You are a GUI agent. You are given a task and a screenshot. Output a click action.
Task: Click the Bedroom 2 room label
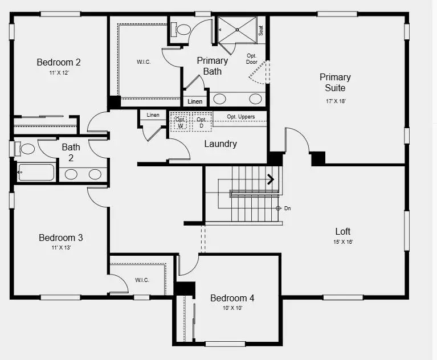point(59,63)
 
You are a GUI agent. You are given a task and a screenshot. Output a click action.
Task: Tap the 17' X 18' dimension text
point(335,101)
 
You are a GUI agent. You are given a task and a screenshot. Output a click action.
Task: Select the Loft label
point(342,231)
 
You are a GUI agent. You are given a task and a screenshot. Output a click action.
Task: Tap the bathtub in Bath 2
point(36,172)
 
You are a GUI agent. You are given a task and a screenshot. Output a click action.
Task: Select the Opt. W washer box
point(181,122)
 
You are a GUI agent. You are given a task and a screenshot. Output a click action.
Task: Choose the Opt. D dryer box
point(201,122)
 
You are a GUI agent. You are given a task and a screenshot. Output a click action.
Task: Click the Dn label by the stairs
point(288,208)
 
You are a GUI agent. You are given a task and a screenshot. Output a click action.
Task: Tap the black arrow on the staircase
point(271,179)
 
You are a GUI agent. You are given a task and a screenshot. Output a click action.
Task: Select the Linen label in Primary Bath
point(195,101)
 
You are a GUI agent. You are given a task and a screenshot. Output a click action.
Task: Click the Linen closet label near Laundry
point(153,115)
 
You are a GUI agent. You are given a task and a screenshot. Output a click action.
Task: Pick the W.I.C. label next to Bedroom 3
point(142,280)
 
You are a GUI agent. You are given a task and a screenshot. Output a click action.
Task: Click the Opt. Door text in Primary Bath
point(252,59)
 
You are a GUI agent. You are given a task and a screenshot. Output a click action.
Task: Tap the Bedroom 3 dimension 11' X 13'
point(61,248)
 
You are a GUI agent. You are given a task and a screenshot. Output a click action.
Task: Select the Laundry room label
point(220,144)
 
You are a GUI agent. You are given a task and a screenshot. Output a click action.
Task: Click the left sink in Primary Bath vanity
point(220,99)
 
